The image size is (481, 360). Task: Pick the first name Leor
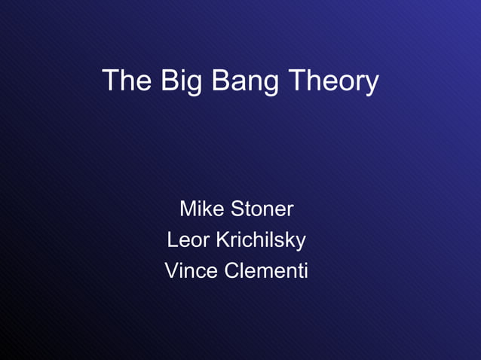click(188, 240)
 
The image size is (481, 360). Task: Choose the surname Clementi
click(266, 270)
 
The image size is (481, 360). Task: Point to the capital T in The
click(110, 81)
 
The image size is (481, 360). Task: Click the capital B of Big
click(169, 81)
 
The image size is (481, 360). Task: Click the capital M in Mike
click(188, 208)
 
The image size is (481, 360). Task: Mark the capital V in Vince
click(172, 270)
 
